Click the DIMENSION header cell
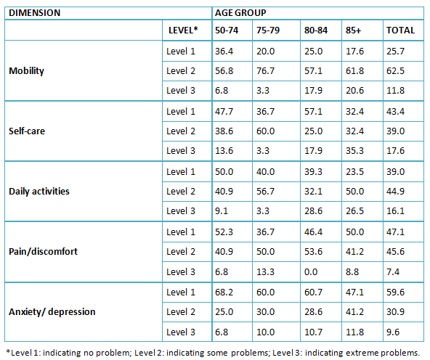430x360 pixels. (x=35, y=13)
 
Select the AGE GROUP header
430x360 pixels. (x=240, y=13)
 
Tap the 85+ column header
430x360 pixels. (x=354, y=30)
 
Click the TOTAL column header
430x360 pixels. (x=400, y=30)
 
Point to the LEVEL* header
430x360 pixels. (x=183, y=30)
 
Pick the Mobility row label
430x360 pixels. (x=26, y=71)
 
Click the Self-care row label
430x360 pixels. (x=27, y=131)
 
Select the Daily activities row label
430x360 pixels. (x=39, y=191)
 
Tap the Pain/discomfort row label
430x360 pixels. (x=43, y=252)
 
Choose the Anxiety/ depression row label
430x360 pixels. (x=52, y=312)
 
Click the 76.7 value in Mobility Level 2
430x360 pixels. (x=265, y=71)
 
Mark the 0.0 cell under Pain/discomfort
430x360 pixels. (x=311, y=271)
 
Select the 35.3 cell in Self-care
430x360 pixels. (x=354, y=151)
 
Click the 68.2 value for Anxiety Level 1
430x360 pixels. (x=224, y=292)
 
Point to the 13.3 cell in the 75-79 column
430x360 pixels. (x=265, y=271)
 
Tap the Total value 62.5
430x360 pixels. (x=395, y=71)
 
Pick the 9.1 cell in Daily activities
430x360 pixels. (x=222, y=211)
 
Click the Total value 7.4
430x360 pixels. (x=393, y=271)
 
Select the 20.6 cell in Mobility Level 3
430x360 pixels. (x=354, y=91)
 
